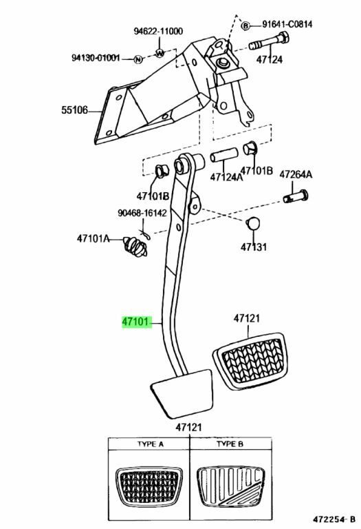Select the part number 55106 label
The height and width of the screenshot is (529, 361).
74,110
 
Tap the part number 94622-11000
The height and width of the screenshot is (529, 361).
158,31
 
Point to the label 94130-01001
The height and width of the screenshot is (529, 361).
96,58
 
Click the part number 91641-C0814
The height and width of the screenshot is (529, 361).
287,24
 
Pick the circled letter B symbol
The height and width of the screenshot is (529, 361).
246,25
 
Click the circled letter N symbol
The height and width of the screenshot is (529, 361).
138,59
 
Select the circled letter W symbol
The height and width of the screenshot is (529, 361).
160,52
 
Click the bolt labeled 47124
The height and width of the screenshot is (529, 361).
269,41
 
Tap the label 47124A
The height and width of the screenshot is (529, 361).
226,177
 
